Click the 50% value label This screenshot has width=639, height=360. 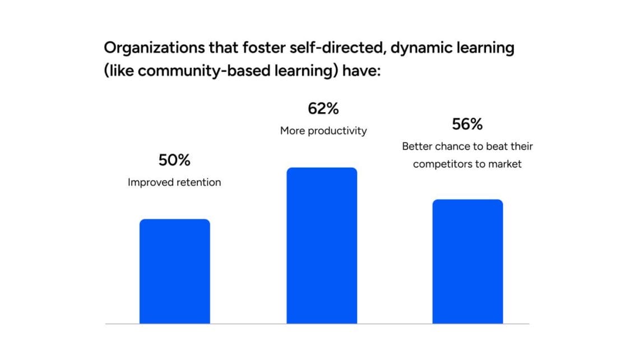point(174,160)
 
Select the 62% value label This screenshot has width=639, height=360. point(323,109)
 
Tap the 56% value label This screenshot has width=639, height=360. point(467,124)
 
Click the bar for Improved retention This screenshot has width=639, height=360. point(174,271)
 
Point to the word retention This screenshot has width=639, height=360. point(197,182)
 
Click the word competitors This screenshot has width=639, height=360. point(440,164)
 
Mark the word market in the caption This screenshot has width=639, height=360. point(506,164)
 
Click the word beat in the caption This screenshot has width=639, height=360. point(493,146)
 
